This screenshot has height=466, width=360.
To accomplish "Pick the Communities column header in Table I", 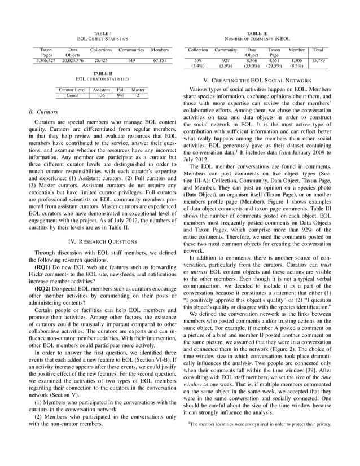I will coord(131,50).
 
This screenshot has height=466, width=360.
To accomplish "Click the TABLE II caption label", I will coord(102,73).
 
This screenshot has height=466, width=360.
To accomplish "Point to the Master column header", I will coord(138,89).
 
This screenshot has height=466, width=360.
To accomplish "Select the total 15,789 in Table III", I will coord(318,59).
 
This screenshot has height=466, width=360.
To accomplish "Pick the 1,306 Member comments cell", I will coord(296,59).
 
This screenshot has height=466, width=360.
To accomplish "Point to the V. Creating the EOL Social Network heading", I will coord(260,80).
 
